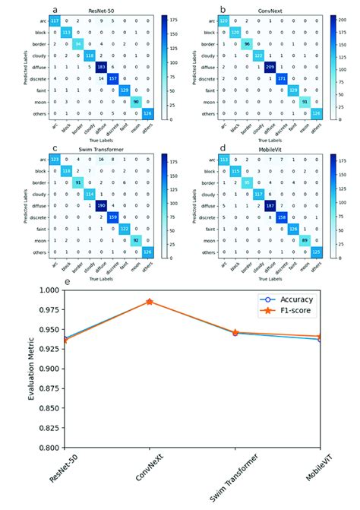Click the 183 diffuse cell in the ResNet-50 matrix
(99, 66)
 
